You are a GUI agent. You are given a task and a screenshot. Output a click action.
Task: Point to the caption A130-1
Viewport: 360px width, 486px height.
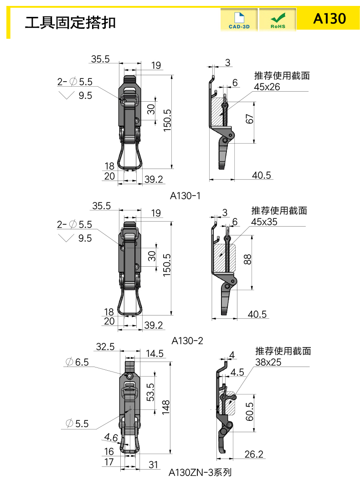click(x=185, y=196)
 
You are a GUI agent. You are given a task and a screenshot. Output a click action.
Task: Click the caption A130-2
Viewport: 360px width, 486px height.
click(x=187, y=341)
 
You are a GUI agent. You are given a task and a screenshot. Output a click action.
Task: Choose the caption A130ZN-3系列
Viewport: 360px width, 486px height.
click(x=200, y=472)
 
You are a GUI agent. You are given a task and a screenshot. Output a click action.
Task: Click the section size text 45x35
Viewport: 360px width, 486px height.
click(x=264, y=222)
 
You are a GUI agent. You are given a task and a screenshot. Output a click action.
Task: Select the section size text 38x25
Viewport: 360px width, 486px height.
click(x=268, y=362)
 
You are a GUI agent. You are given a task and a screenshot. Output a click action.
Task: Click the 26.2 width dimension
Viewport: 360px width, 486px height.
click(x=254, y=454)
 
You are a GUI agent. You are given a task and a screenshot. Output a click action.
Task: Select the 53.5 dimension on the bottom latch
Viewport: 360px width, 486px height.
click(x=150, y=392)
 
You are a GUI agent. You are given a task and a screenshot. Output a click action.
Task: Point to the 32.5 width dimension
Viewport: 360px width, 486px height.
click(x=105, y=346)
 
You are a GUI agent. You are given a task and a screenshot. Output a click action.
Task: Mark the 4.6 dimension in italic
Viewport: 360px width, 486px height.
click(x=111, y=438)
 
